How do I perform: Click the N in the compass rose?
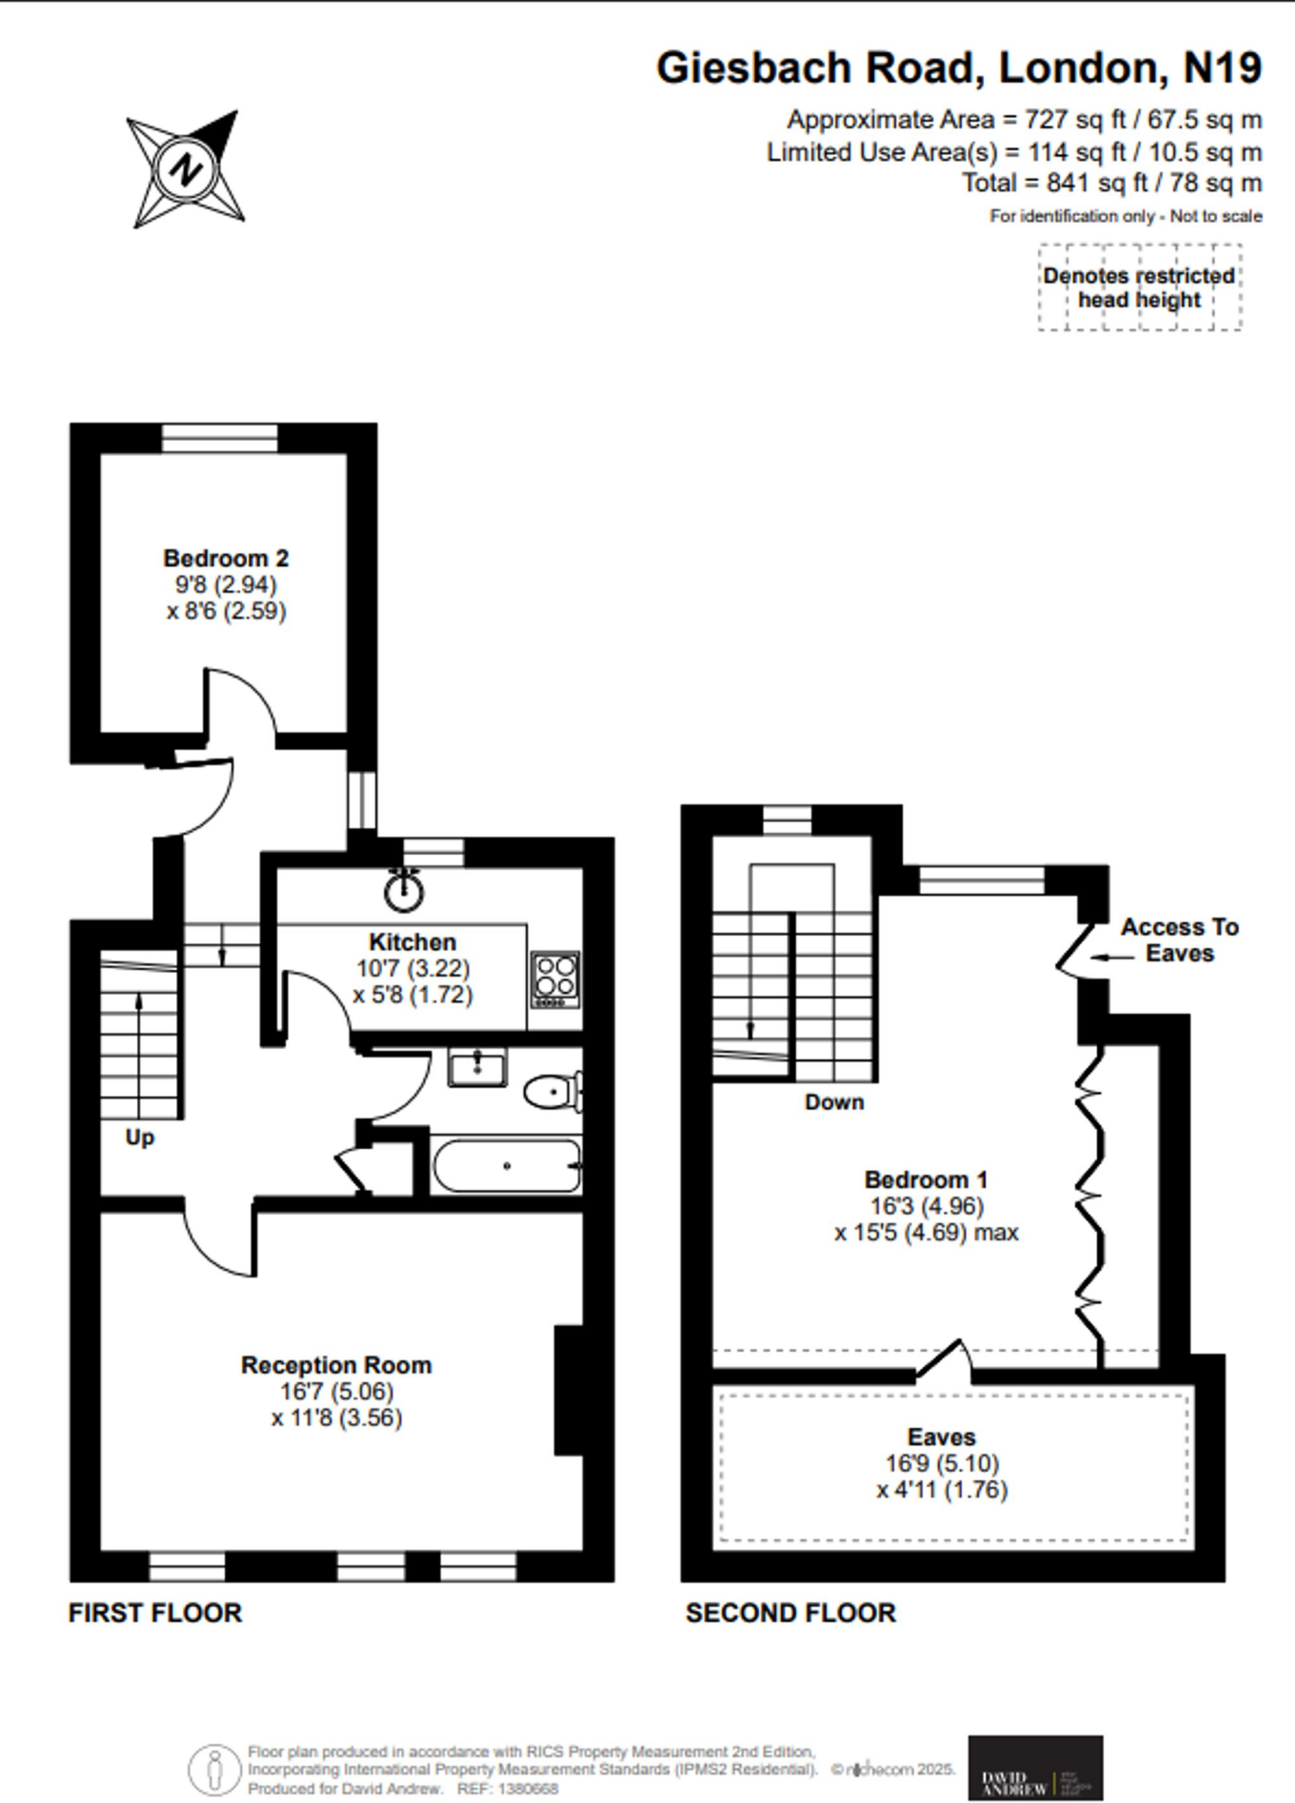click(184, 169)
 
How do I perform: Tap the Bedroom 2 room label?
click(225, 558)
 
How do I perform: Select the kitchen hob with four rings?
click(556, 980)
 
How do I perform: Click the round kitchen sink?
click(404, 892)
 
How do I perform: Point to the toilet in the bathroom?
click(553, 1093)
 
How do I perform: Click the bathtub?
click(506, 1166)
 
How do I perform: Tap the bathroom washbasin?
click(476, 1068)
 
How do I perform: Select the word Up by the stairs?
click(139, 1137)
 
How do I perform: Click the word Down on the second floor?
click(834, 1102)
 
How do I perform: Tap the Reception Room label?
click(336, 1365)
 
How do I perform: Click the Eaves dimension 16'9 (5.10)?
click(942, 1463)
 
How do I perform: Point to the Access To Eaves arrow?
click(1111, 956)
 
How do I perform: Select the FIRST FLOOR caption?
click(155, 1613)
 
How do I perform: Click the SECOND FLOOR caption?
click(791, 1613)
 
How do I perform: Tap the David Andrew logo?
click(1035, 1767)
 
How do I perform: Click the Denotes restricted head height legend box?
click(1139, 288)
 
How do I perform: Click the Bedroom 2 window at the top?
click(220, 438)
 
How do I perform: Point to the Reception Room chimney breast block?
click(568, 1390)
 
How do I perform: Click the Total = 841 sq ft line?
click(1111, 183)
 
